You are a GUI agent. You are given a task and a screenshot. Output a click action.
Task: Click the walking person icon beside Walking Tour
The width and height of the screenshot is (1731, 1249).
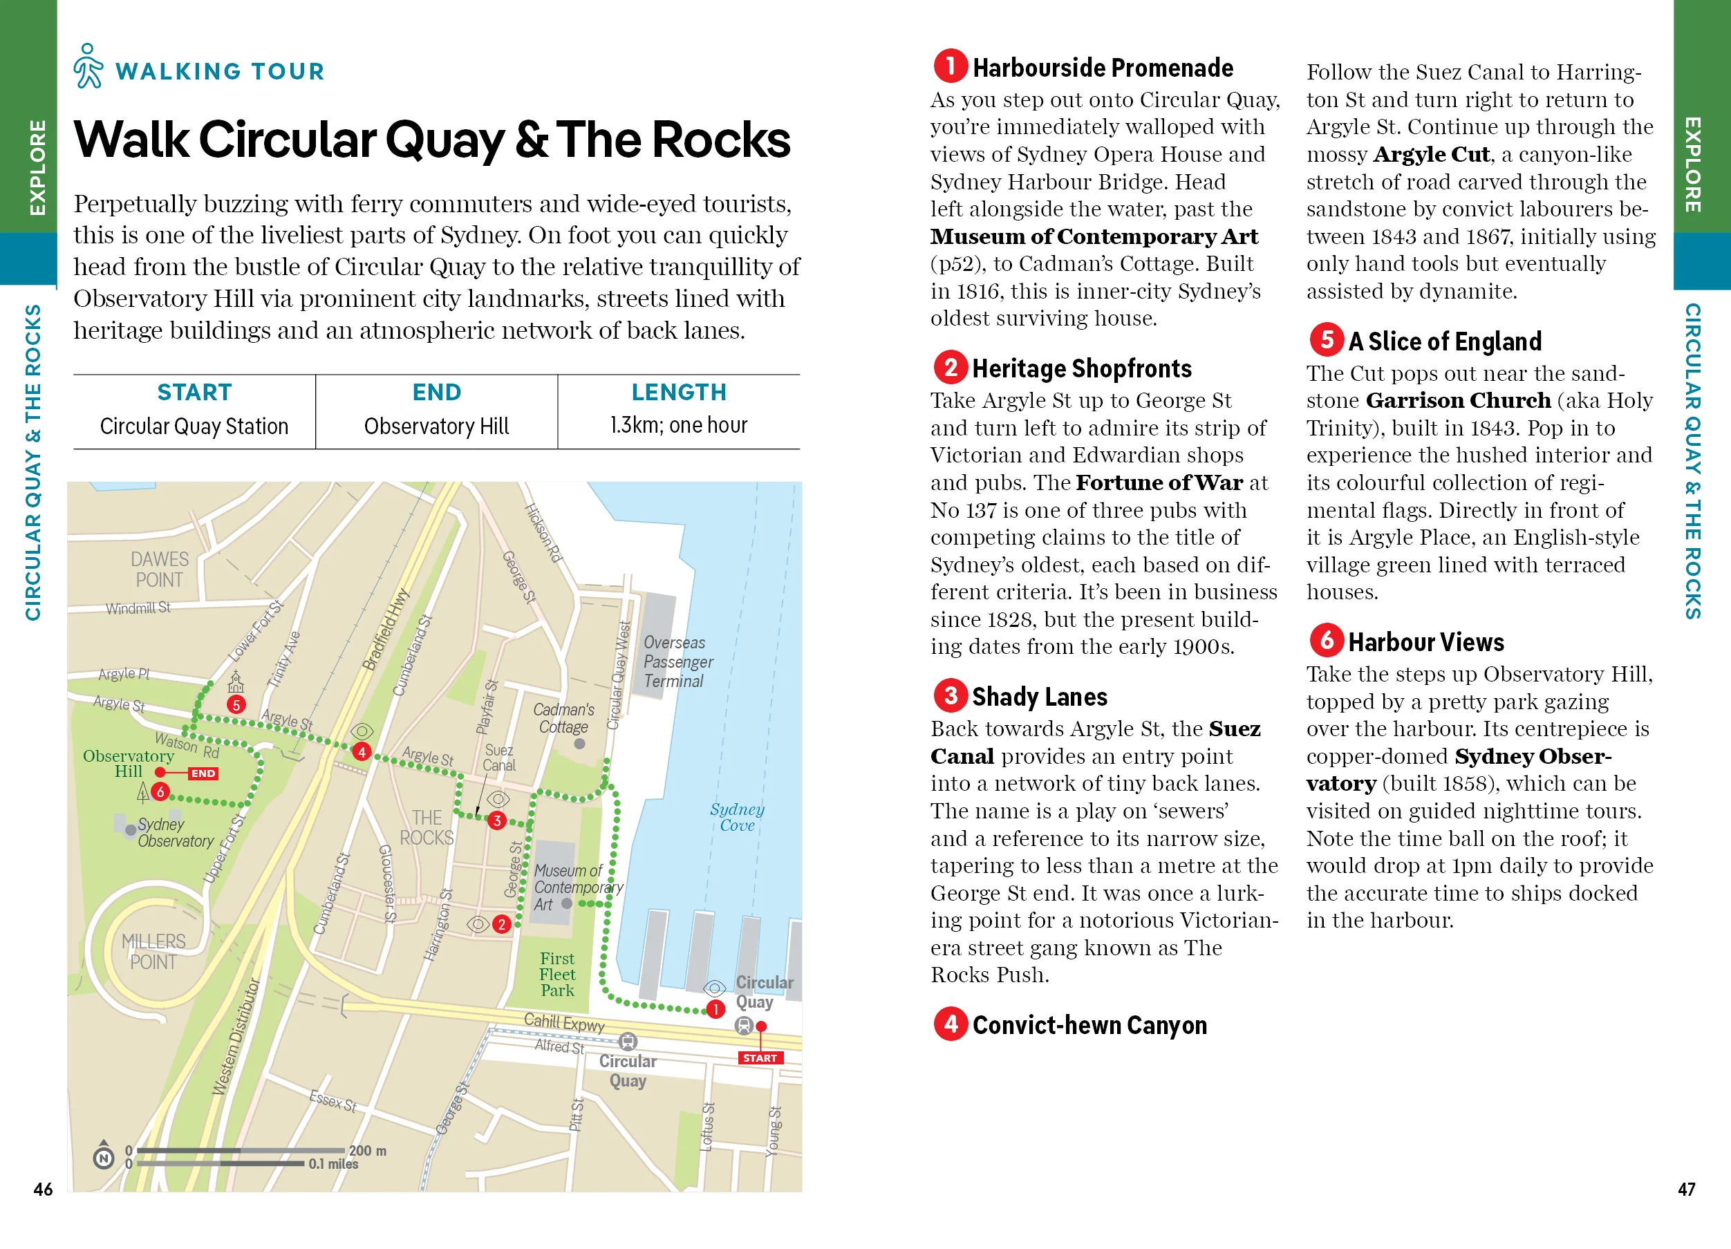(88, 66)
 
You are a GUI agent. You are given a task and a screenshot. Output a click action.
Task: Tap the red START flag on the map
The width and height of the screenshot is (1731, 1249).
(760, 1058)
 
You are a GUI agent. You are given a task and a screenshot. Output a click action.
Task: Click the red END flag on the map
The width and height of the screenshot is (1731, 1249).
(203, 773)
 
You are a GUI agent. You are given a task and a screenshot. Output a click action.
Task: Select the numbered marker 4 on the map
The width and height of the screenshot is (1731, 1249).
(361, 751)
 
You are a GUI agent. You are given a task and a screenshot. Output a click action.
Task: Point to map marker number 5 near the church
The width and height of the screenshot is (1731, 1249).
(236, 704)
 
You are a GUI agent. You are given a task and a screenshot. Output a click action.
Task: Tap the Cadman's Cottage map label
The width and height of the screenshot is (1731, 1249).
(563, 718)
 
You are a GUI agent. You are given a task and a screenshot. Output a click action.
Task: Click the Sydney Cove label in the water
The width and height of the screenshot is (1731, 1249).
(736, 816)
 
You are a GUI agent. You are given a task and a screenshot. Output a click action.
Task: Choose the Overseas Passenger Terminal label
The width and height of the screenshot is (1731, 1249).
(677, 661)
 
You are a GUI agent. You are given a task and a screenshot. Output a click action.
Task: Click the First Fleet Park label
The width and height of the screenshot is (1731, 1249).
(557, 975)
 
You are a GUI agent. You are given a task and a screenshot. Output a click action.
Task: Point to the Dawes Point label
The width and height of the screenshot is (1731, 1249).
(159, 569)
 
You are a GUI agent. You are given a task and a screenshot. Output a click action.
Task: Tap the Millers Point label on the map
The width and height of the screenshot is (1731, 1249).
(153, 951)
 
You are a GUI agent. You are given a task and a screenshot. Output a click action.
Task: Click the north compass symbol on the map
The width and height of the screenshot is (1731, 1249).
(104, 1156)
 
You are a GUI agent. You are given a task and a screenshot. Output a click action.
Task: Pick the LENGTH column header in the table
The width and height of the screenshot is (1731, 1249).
(679, 392)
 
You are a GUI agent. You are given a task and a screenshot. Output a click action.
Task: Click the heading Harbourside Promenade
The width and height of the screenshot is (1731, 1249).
(1102, 68)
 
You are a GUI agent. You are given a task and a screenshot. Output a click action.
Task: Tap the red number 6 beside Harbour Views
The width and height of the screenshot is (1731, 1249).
(1327, 640)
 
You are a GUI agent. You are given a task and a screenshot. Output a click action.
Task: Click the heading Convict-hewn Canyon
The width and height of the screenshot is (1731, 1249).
(1089, 1024)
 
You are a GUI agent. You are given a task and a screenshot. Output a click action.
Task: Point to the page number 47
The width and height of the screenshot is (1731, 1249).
(1686, 1189)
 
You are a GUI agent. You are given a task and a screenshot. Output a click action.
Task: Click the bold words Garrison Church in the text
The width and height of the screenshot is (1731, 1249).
(1458, 401)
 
